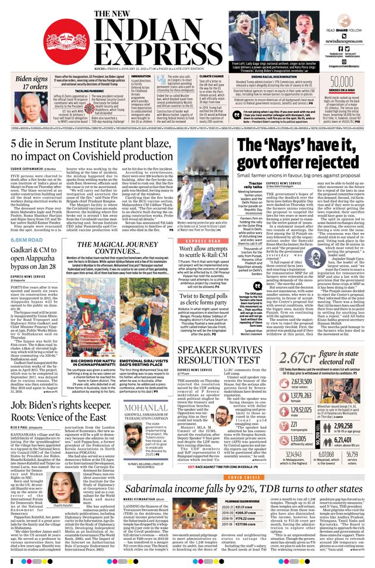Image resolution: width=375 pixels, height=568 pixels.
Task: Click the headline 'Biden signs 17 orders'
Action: tap(32, 83)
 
